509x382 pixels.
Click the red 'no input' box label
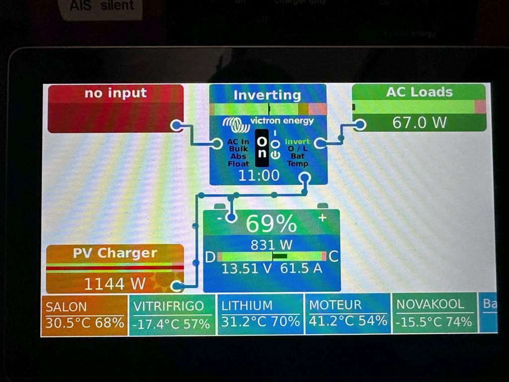pyautogui.click(x=115, y=93)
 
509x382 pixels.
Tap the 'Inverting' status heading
pyautogui.click(x=267, y=95)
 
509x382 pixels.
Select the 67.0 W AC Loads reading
pyautogui.click(x=419, y=122)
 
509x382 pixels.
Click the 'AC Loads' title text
pyautogui.click(x=419, y=92)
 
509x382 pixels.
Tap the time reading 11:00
pyautogui.click(x=258, y=175)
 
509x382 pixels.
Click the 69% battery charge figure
pyautogui.click(x=271, y=224)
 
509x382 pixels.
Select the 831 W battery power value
pyautogui.click(x=271, y=245)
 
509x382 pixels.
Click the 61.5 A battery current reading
pyautogui.click(x=301, y=269)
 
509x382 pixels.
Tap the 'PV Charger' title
pyautogui.click(x=115, y=253)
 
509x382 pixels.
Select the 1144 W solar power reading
pyautogui.click(x=115, y=284)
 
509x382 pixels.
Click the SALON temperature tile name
pyautogui.click(x=66, y=307)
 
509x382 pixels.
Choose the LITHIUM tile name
pyautogui.click(x=247, y=305)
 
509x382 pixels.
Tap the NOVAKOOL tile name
pyautogui.click(x=430, y=304)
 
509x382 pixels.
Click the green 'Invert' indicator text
pyautogui.click(x=297, y=142)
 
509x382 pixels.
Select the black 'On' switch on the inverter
pyautogui.click(x=262, y=148)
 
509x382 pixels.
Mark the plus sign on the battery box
pyautogui.click(x=322, y=217)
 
